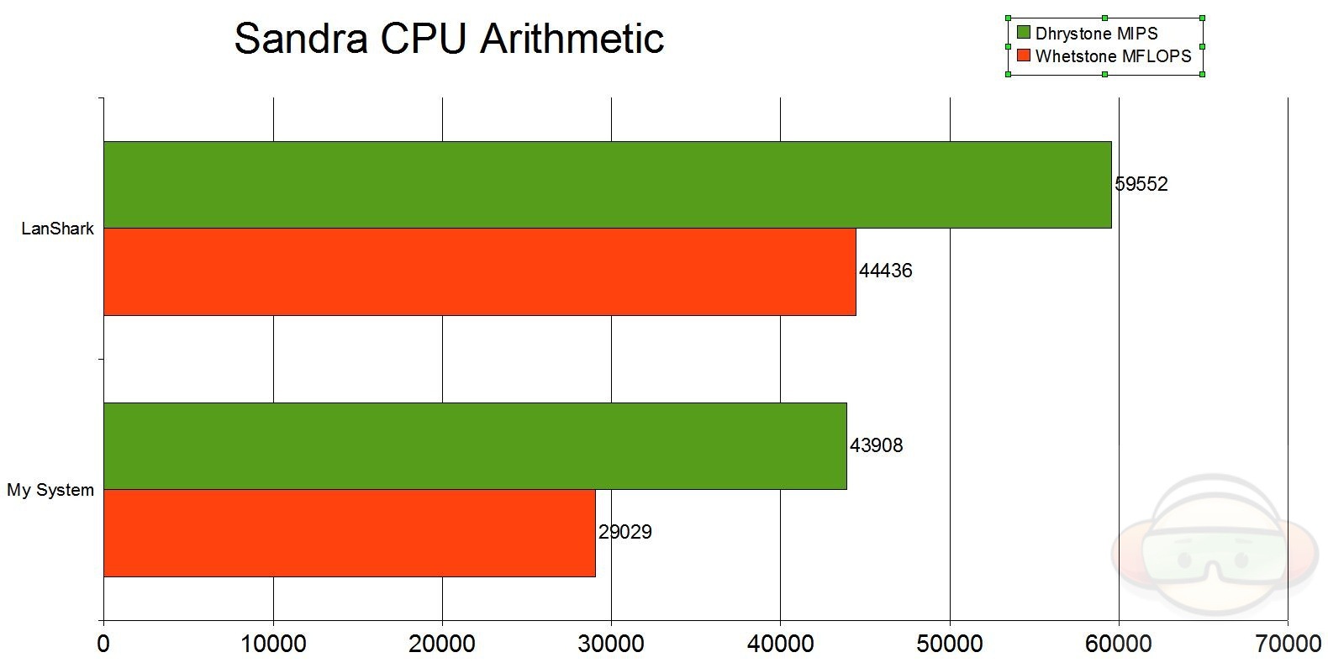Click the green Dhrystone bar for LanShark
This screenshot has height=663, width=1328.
click(607, 185)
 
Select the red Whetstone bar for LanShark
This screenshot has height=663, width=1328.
click(479, 271)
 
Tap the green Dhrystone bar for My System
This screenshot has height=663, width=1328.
click(475, 446)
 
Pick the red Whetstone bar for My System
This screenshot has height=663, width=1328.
click(349, 533)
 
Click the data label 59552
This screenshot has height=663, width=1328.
click(1141, 184)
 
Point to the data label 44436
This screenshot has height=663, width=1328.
click(885, 271)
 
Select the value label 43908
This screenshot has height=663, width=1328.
click(876, 445)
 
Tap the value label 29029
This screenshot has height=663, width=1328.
click(624, 532)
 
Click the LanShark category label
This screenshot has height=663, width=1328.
click(58, 229)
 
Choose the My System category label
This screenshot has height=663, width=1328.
click(50, 490)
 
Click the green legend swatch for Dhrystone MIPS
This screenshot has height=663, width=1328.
click(1023, 34)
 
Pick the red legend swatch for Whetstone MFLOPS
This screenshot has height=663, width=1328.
click(1023, 56)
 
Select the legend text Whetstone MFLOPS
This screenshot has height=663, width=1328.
click(1113, 56)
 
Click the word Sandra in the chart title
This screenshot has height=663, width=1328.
click(299, 39)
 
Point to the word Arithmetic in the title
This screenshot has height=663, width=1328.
click(572, 39)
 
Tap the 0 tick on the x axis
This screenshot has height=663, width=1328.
click(103, 645)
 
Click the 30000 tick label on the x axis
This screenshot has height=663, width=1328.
click(611, 645)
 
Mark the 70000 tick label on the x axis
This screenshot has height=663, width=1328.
click(1287, 645)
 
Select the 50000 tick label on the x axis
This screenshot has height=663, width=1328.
click(950, 645)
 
